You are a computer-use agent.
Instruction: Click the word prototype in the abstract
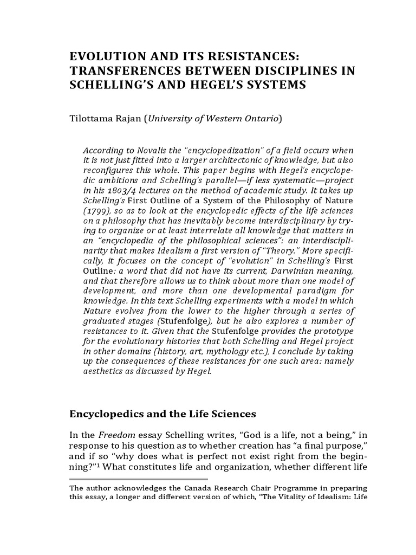(x=335, y=331)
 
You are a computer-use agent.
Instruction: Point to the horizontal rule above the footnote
(x=139, y=479)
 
